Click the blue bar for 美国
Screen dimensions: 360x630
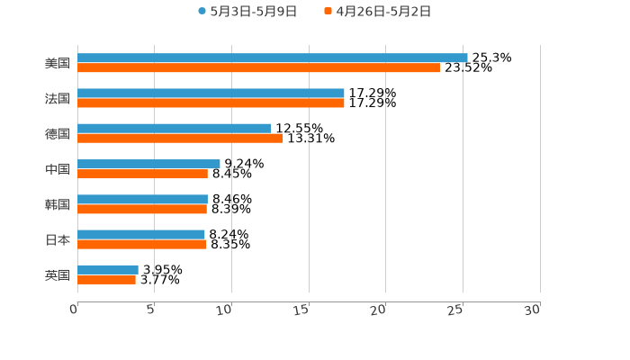[x=272, y=58]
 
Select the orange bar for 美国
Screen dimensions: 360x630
[x=258, y=67]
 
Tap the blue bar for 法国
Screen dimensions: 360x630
[x=211, y=93]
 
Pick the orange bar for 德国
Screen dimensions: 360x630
[x=180, y=138]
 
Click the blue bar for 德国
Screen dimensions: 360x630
[x=175, y=128]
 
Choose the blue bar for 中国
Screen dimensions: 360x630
[x=148, y=164]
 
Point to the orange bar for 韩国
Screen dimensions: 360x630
[x=142, y=209]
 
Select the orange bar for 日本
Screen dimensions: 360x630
[x=142, y=244]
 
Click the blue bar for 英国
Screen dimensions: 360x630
[x=108, y=269]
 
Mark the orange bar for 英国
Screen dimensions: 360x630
[x=106, y=279]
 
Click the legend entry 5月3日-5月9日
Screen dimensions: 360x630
[x=247, y=12]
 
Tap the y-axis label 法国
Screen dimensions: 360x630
[x=58, y=98]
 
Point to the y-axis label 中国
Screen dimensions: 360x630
[x=58, y=169]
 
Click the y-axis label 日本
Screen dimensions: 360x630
[x=58, y=239]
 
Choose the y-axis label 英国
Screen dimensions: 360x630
[x=58, y=274]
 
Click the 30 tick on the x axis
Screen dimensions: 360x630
[x=532, y=309]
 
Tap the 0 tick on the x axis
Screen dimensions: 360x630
[x=75, y=309]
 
